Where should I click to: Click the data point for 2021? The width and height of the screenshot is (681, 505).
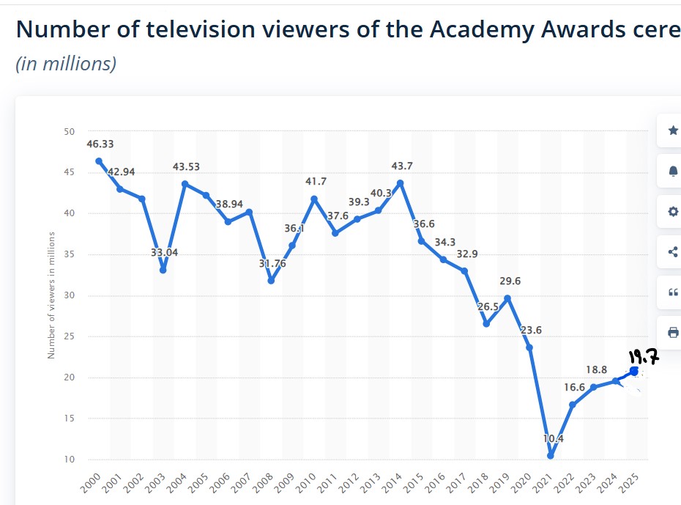551,455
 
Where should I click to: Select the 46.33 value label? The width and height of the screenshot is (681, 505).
99,144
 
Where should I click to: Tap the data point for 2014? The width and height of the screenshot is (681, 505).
400,183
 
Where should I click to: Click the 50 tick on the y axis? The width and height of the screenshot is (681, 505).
69,132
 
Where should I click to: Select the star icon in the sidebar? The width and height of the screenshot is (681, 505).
673,130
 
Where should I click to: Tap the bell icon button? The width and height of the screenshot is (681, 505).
673,171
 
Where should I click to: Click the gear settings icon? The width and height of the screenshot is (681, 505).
673,212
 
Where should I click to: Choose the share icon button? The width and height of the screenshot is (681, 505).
673,252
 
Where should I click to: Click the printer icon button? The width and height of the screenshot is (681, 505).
673,332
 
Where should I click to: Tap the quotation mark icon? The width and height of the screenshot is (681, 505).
673,292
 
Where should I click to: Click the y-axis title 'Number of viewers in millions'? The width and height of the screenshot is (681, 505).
51,295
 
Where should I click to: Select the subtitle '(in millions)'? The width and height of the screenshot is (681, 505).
66,64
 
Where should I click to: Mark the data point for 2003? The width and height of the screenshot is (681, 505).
163,270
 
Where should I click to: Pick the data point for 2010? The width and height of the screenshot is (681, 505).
314,199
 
